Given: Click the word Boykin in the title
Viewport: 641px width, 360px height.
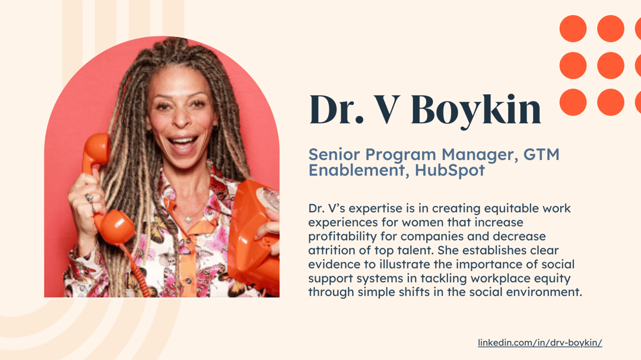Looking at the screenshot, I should tap(476, 110).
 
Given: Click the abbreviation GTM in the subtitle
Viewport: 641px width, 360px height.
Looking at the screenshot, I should tap(541, 155).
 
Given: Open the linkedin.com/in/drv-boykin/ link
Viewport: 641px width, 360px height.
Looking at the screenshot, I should tap(540, 343).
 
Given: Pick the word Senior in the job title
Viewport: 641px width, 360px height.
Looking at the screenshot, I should tap(334, 155).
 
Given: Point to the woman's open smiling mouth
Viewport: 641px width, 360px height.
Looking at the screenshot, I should tap(183, 144).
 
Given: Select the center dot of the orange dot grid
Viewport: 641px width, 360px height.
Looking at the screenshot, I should tap(610, 65).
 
